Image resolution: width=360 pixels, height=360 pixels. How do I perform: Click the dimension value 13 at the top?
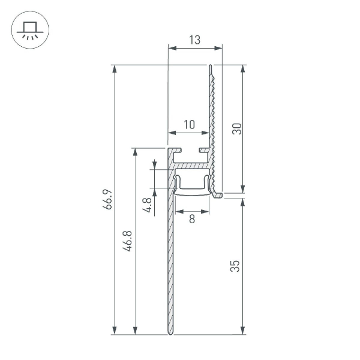tap(194, 40)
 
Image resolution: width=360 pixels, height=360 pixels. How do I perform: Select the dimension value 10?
tap(189, 125)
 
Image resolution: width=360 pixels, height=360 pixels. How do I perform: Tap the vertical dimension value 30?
tap(236, 128)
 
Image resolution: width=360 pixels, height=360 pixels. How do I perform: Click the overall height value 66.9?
tap(107, 199)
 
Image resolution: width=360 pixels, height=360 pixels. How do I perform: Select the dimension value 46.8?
tap(128, 240)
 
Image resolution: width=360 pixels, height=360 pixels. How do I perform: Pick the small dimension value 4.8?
tap(146, 206)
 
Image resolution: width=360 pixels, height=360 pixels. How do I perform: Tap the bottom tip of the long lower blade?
tap(169, 333)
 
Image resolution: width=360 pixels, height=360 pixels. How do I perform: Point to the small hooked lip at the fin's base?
tap(218, 194)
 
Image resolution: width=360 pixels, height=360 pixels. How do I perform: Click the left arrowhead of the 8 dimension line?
tap(177, 211)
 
